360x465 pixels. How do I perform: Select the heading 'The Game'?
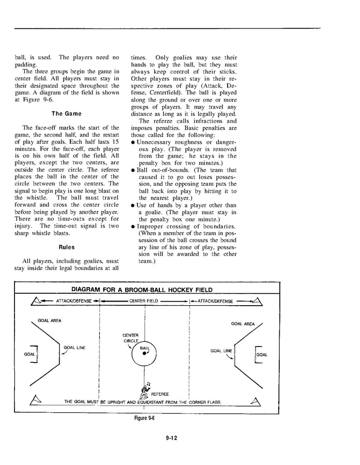pyautogui.click(x=66, y=114)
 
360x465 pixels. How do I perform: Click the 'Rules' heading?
pyautogui.click(x=67, y=247)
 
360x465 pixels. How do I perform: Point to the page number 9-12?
pyautogui.click(x=172, y=438)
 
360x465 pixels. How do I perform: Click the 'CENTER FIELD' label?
pyautogui.click(x=144, y=301)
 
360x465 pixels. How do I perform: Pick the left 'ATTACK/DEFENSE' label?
pyautogui.click(x=73, y=301)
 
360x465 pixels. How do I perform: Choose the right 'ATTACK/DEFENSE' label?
pyautogui.click(x=215, y=301)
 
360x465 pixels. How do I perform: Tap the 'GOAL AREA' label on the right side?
pyautogui.click(x=243, y=324)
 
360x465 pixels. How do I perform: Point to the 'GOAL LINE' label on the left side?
pyautogui.click(x=74, y=348)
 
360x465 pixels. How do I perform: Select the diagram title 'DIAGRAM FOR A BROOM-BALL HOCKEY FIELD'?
pyautogui.click(x=141, y=290)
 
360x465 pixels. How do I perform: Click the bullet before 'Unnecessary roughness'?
pyautogui.click(x=133, y=142)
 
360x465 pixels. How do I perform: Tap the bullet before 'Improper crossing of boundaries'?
pyautogui.click(x=133, y=226)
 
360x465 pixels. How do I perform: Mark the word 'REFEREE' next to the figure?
pyautogui.click(x=160, y=394)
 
